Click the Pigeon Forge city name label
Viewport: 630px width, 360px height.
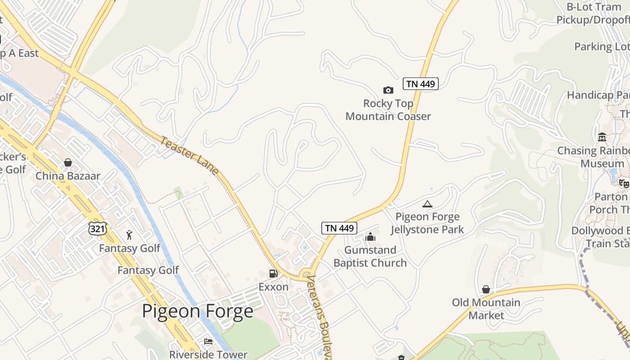[x=198, y=311]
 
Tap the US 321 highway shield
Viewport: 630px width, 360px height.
[x=98, y=229]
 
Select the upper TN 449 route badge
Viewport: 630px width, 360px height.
[x=421, y=84]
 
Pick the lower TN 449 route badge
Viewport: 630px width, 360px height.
[x=339, y=228]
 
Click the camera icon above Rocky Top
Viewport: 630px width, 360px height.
[x=388, y=90]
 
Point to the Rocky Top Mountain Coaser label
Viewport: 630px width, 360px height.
[x=388, y=110]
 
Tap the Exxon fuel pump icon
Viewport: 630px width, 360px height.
[x=273, y=274]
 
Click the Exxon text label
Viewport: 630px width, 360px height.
[x=273, y=287]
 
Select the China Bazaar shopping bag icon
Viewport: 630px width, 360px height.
[x=68, y=162]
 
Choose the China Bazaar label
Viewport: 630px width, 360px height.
[x=68, y=176]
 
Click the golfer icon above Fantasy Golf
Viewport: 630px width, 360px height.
[x=130, y=234]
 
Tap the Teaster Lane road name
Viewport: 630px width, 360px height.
[x=189, y=156]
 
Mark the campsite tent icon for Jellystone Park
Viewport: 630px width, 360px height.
[x=427, y=204]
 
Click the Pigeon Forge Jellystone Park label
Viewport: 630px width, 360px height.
[x=427, y=223]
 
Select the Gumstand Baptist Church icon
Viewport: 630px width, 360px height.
[x=370, y=237]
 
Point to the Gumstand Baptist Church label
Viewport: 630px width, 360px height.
[x=370, y=256]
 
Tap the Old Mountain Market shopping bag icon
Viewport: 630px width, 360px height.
[x=486, y=289]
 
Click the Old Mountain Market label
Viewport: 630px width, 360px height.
[x=486, y=309]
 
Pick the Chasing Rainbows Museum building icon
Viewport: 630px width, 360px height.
[x=602, y=137]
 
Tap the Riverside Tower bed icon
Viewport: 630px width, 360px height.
[x=208, y=342]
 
